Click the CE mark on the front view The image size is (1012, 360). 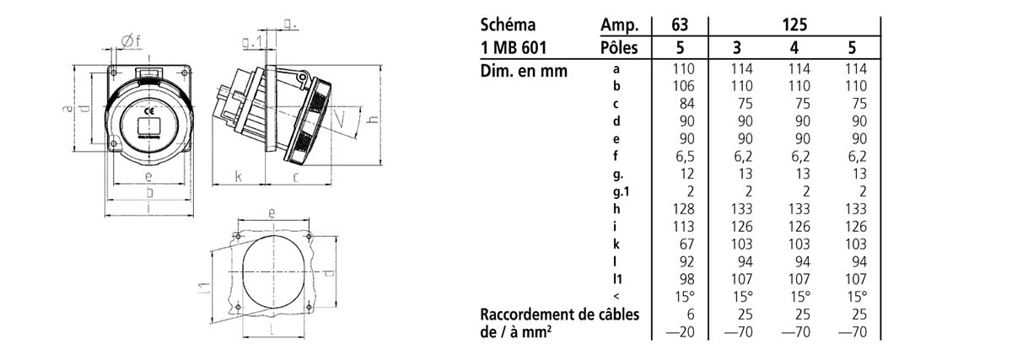pos(148,110)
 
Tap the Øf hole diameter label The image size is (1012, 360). pos(132,42)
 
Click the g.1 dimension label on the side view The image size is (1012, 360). pos(251,42)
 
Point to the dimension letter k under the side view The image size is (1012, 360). pos(239,175)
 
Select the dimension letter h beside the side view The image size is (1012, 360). pos(373,118)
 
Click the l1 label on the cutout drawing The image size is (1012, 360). pos(204,287)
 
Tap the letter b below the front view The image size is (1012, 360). pos(149,193)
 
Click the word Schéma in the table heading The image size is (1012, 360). pos(508,24)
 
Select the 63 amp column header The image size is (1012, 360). pos(680,24)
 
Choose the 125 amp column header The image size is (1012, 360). pos(794,24)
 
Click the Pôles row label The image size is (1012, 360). pos(619,47)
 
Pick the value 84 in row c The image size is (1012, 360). pos(686,104)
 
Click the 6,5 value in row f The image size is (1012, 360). pos(685,156)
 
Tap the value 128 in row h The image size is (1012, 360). pos(683,209)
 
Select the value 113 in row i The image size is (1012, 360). pos(683,226)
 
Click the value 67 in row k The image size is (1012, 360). pos(686,244)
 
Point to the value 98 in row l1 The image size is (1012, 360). pos(686,279)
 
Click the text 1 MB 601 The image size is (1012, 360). pos(514,47)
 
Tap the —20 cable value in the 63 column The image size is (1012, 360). pos(681,332)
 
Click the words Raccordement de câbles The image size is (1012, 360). pos(560,314)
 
